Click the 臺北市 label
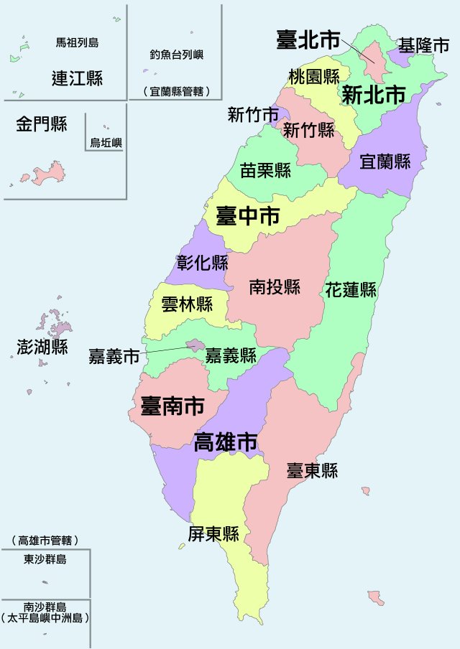[308, 40]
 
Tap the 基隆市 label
[425, 46]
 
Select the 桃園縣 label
[314, 76]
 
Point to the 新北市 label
[373, 94]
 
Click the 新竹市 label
[253, 114]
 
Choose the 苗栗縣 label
[265, 170]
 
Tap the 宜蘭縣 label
[385, 162]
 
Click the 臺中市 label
[248, 215]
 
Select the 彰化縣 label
[202, 262]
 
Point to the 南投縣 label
[275, 287]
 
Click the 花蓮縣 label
[351, 290]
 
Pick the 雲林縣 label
[187, 304]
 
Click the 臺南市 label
[172, 406]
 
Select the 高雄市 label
[226, 442]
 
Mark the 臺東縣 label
[312, 471]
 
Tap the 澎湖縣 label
[42, 347]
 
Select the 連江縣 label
[77, 78]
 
